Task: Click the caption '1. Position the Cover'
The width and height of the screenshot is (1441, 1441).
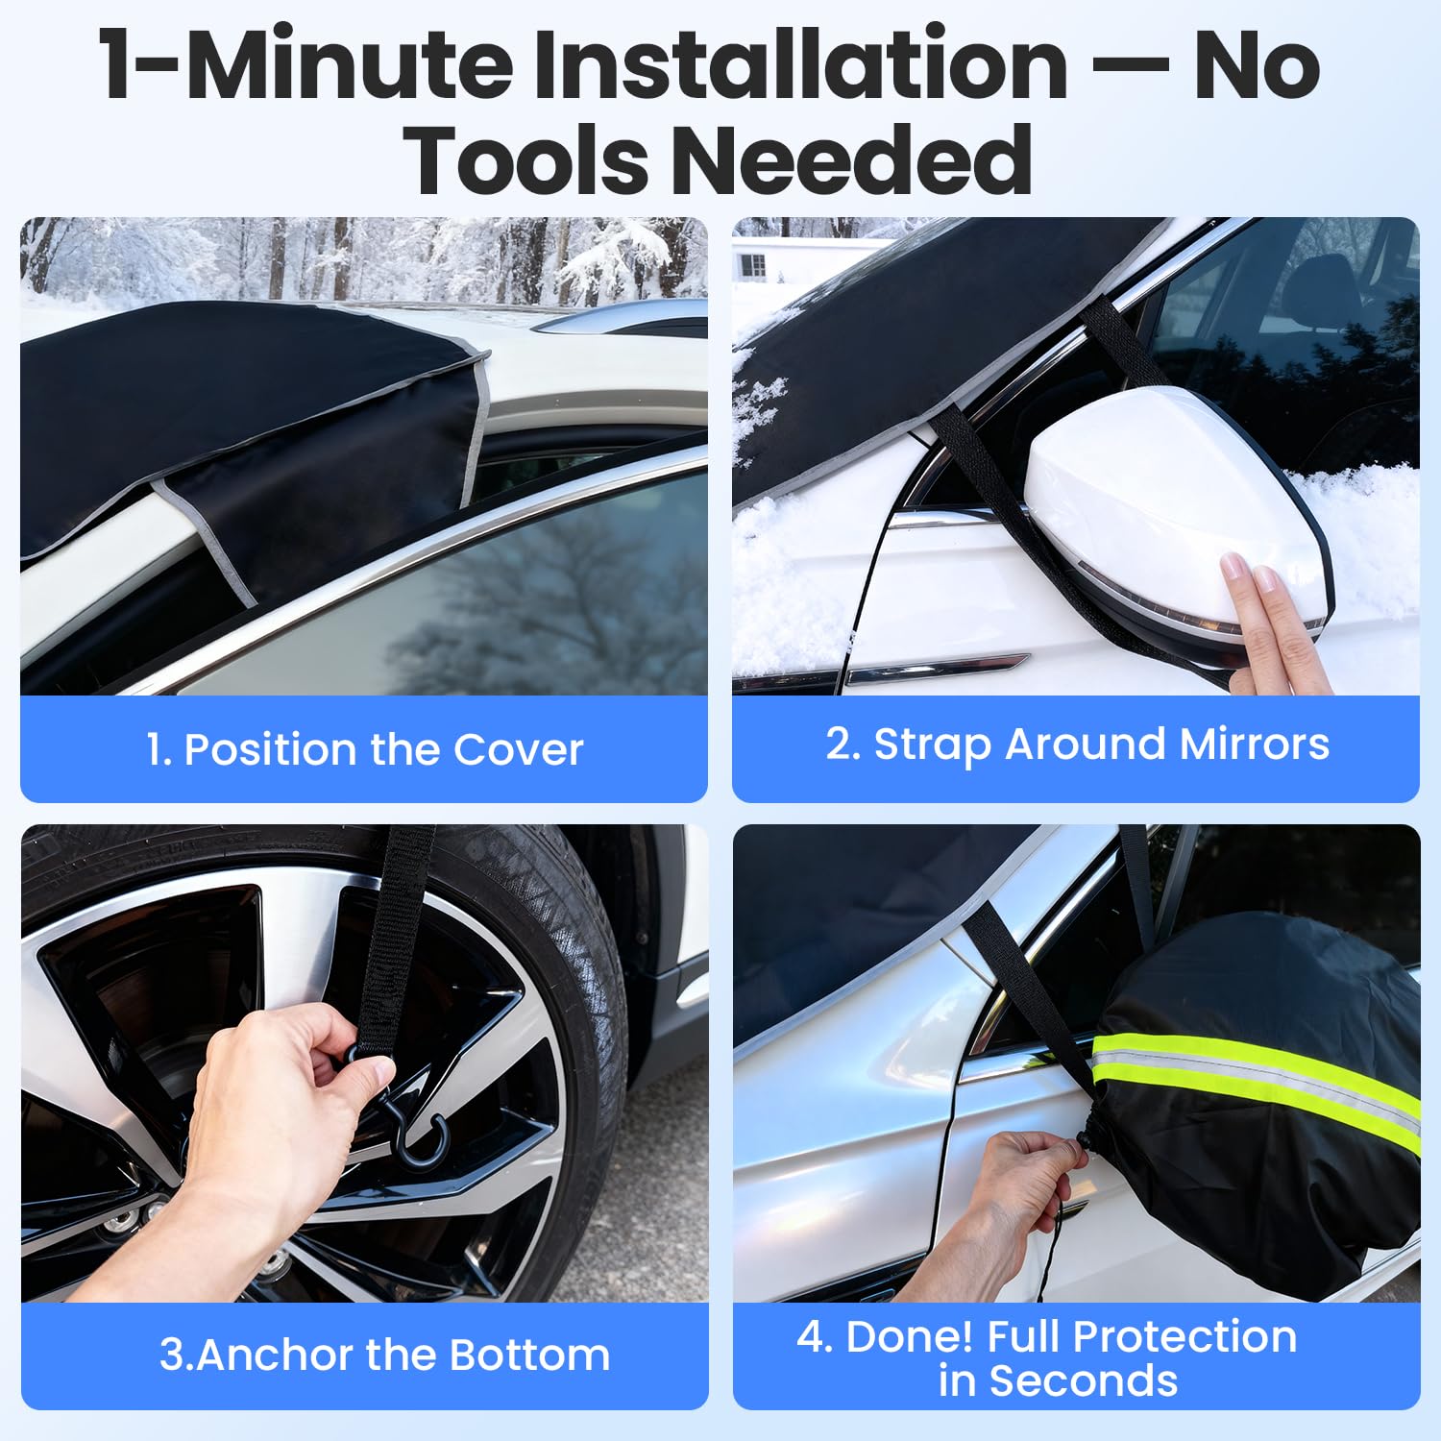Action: (364, 749)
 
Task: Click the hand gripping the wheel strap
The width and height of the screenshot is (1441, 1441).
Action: (279, 1105)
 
